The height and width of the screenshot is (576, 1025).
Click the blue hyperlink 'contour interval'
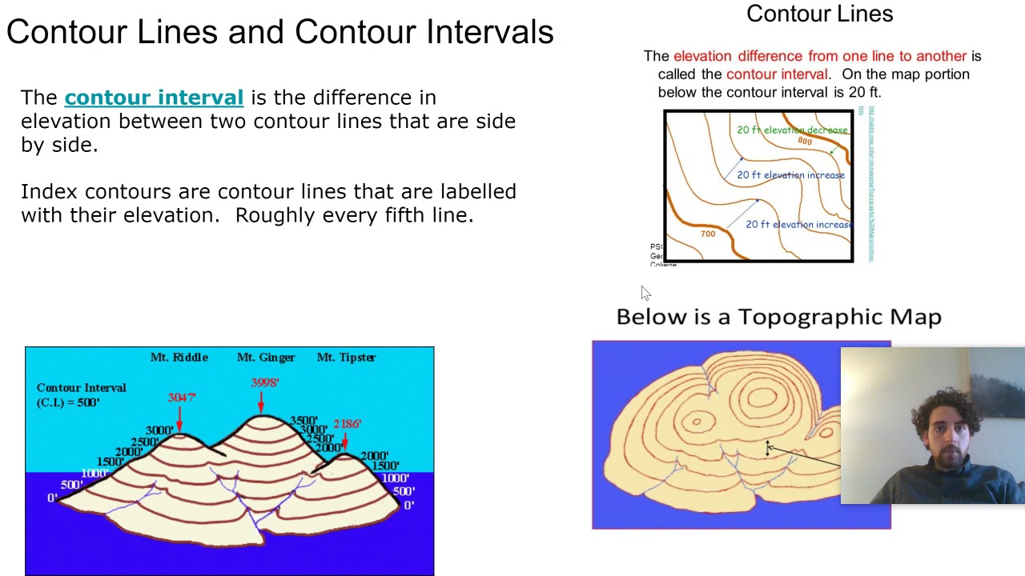[154, 98]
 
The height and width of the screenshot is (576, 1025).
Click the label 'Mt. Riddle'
[179, 358]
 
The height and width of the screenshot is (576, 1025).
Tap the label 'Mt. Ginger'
[266, 358]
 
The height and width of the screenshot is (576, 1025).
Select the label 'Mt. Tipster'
[346, 358]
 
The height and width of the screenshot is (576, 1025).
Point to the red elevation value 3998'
[265, 383]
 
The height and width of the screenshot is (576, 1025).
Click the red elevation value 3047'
[182, 398]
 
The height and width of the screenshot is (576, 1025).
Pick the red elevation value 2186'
[348, 424]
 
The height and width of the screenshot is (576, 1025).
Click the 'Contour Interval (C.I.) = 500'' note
[80, 395]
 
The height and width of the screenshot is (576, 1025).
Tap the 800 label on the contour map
[805, 142]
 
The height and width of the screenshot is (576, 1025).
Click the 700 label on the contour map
[708, 234]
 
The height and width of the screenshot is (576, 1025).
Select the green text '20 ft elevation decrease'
[791, 130]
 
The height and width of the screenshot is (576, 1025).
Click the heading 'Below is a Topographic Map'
[778, 317]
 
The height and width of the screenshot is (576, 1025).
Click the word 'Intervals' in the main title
[489, 32]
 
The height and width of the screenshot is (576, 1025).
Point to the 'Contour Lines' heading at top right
[819, 14]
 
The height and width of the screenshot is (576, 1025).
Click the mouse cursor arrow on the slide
[645, 294]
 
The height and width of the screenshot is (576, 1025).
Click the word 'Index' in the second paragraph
[50, 192]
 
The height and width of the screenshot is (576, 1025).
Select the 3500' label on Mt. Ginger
[303, 421]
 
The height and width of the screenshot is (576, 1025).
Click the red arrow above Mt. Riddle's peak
[179, 418]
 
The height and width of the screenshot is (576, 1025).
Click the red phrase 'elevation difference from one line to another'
[819, 56]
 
